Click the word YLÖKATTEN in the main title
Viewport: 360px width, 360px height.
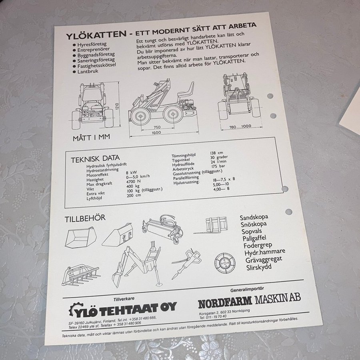(96, 35)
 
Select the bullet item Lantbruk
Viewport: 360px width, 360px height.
(88, 71)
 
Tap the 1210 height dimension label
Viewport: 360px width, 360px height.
(117, 106)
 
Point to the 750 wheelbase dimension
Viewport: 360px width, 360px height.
(157, 127)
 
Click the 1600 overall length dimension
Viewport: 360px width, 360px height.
(156, 133)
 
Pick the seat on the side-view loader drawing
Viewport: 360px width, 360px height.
(186, 90)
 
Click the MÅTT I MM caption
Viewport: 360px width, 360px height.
(91, 138)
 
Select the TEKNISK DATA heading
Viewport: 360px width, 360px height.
(95, 159)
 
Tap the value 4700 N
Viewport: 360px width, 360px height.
(133, 181)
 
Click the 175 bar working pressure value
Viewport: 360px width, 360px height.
(218, 166)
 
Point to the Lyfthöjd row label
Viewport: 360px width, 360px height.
(94, 198)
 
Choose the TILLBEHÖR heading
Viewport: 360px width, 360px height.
(85, 218)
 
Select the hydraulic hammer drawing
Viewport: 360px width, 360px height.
(186, 264)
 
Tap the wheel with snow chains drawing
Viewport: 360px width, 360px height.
(225, 263)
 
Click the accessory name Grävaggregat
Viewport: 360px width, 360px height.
(264, 260)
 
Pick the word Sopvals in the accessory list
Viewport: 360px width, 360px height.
(252, 231)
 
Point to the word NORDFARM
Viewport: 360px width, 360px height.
(225, 302)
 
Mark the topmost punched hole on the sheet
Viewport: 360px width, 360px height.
(270, 96)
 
